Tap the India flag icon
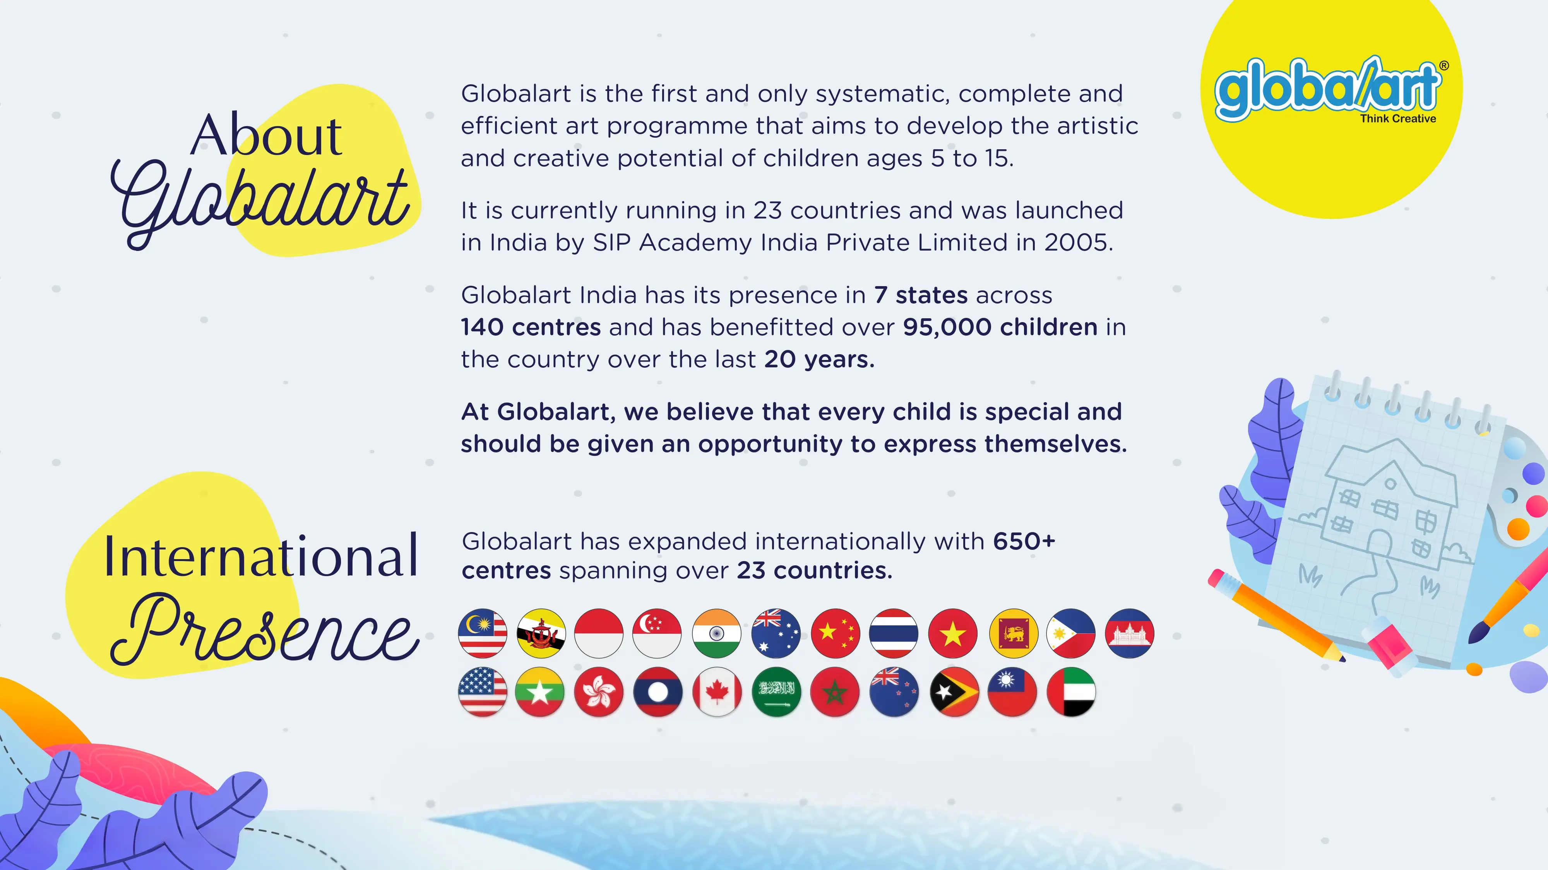point(716,633)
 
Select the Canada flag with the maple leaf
point(716,692)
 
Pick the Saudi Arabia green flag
point(776,692)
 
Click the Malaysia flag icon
point(482,633)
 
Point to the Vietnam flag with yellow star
point(952,633)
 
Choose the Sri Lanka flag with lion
point(1013,633)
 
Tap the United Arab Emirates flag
point(1071,692)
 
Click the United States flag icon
point(482,692)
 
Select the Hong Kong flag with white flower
point(599,692)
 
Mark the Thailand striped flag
point(894,633)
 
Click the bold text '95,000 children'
point(1000,327)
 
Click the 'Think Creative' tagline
point(1398,119)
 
